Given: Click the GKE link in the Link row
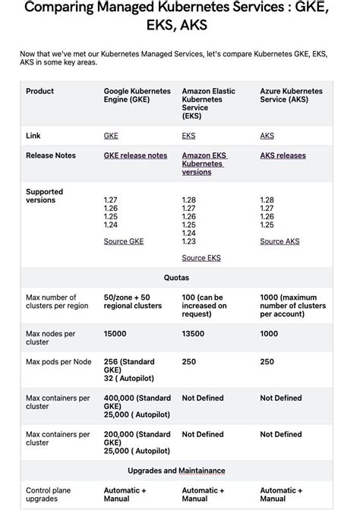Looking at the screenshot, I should point(111,136).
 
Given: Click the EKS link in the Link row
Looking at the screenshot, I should point(188,136).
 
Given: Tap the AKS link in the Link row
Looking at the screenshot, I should point(267,136).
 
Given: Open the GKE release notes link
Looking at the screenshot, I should point(135,156).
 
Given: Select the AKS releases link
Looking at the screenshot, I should point(283,156).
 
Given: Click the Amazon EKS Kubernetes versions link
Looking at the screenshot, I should point(204,164).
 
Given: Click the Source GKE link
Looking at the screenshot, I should point(123,241).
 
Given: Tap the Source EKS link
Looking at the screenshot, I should point(201,258).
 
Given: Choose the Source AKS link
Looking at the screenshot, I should point(279,241).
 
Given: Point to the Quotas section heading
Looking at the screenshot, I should point(176,278).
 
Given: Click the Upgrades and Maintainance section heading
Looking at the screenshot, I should point(176,471).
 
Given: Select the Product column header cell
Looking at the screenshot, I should point(39,91).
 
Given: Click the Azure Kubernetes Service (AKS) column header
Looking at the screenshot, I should point(291,96).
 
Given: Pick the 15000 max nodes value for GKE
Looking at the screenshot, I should point(115,334).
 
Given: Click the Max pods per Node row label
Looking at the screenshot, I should point(58,362).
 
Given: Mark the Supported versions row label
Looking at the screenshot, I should point(44,196).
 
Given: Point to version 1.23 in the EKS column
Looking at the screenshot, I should point(188,241).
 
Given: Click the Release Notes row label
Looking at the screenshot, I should point(50,156).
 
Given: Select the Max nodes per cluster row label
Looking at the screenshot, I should point(50,338).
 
